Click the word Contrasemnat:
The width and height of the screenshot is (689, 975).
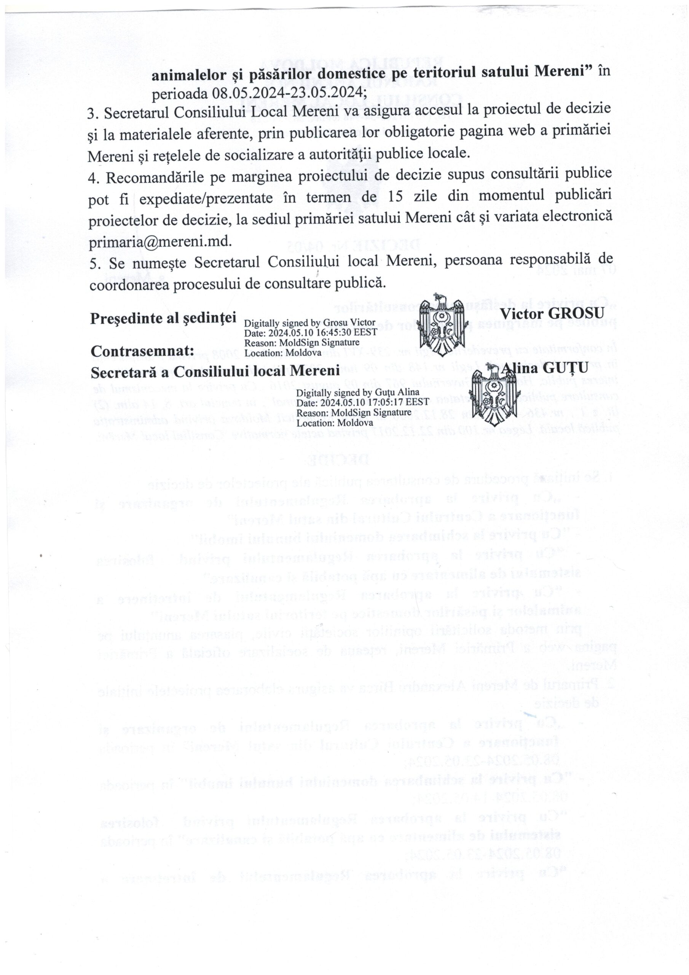(143, 352)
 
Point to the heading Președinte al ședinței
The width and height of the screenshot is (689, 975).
(163, 318)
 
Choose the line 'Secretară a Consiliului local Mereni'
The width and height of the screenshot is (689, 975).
(215, 371)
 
